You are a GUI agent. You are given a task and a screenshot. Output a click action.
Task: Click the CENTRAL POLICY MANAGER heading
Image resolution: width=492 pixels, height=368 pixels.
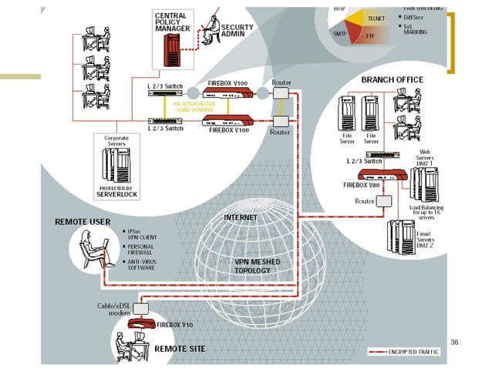tap(175, 22)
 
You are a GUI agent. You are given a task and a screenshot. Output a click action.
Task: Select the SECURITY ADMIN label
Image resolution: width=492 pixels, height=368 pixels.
tap(238, 30)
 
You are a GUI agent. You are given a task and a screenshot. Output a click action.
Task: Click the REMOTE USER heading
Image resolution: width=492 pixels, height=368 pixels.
tap(83, 222)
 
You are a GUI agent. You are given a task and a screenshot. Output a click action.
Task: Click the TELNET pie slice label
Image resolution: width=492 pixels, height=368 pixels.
tap(377, 16)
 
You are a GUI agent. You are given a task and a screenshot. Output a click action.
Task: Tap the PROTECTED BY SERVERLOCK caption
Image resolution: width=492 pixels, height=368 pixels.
tap(116, 192)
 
